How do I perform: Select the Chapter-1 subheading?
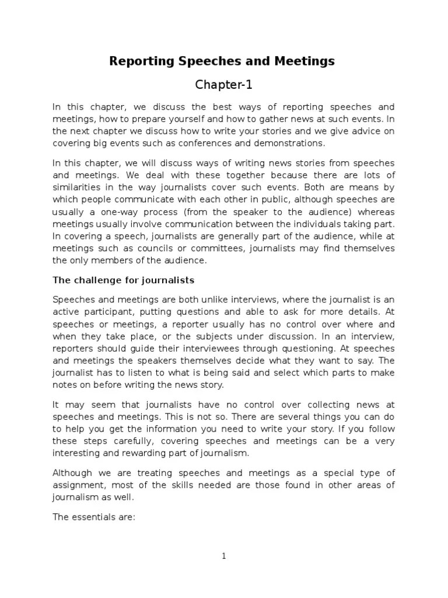[223, 85]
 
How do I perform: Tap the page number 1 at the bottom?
[223, 557]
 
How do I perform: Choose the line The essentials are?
[93, 516]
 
